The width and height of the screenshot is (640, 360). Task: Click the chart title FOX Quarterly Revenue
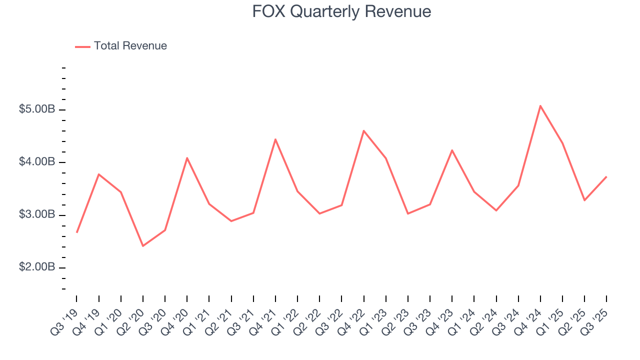341,11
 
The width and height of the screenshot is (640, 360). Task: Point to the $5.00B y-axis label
37,109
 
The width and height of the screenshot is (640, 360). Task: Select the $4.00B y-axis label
37,162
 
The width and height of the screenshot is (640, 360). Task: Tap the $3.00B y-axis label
37,215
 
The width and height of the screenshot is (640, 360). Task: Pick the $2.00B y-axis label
37,267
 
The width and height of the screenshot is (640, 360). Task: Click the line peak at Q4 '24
540,105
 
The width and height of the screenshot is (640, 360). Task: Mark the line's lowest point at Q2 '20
143,246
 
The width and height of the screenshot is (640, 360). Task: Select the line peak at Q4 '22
363,130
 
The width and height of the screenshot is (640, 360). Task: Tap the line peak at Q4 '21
275,139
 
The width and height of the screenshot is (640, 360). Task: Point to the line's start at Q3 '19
76,232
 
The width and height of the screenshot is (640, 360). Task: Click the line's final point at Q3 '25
606,176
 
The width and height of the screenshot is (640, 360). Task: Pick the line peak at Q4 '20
187,158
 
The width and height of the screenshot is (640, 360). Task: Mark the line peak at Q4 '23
452,150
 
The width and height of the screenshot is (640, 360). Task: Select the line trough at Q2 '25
584,200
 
